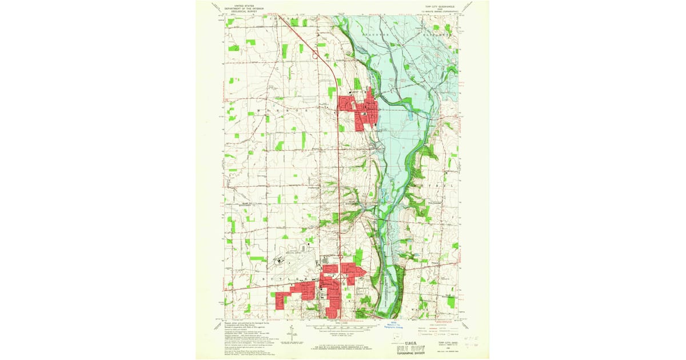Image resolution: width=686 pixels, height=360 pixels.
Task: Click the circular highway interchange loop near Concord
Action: (315, 55)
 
